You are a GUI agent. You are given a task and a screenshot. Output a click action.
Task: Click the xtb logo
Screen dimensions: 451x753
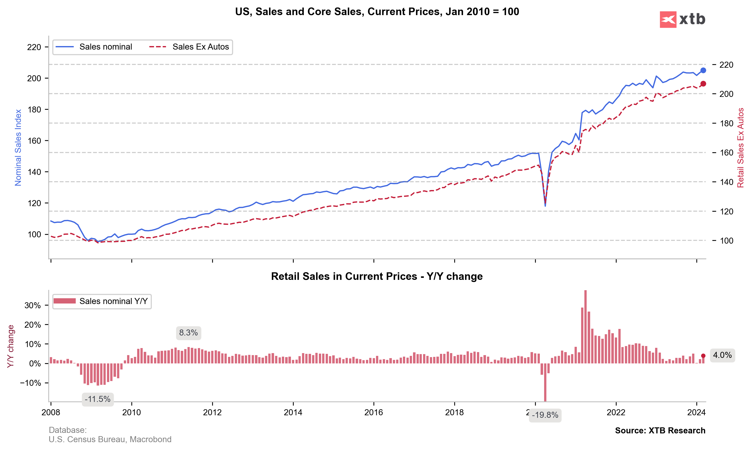tap(682, 19)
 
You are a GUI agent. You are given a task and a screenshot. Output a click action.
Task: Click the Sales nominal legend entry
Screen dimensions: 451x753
tap(105, 47)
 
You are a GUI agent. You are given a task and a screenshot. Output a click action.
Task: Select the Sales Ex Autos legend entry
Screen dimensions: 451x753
tap(200, 47)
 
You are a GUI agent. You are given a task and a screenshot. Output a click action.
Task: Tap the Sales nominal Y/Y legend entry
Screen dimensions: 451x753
tap(113, 301)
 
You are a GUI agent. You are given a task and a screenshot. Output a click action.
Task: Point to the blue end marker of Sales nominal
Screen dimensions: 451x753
tap(703, 70)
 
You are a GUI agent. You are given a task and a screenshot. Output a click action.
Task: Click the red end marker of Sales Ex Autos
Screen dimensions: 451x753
tap(703, 84)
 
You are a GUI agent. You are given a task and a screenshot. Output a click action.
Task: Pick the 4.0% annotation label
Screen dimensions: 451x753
tap(722, 355)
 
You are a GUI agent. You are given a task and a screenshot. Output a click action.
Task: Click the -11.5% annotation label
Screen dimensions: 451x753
tap(98, 399)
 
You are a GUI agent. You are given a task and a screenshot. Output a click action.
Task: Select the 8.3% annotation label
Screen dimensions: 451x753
tap(189, 333)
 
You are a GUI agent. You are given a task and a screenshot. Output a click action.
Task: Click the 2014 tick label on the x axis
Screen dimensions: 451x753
tap(293, 412)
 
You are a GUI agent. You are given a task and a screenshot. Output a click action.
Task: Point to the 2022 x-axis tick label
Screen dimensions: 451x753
tap(616, 412)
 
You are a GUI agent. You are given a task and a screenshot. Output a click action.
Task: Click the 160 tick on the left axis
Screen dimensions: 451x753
tap(34, 141)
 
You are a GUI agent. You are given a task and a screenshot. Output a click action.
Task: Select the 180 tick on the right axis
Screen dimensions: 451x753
tap(726, 123)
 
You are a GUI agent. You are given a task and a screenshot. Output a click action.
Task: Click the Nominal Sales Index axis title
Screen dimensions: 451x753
tap(18, 148)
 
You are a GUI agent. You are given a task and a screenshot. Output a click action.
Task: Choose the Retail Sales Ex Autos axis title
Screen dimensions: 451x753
tap(740, 148)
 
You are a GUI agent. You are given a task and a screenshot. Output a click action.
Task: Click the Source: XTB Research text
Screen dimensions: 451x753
tap(660, 431)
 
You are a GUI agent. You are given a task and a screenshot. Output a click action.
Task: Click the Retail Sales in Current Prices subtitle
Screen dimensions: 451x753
tap(376, 276)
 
